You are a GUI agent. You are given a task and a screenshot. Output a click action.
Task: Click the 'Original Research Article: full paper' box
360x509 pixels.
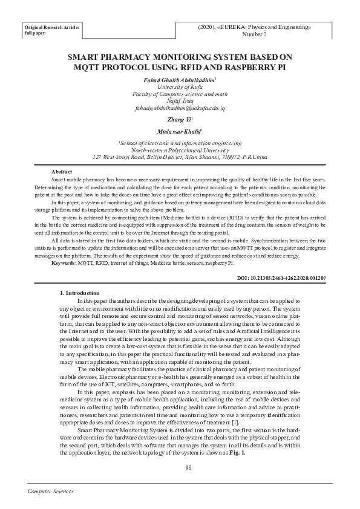[51, 31]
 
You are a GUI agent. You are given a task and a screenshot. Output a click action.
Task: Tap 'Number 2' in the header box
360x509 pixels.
[254, 35]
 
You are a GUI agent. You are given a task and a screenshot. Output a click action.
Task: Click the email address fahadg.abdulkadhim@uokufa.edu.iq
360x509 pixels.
[180, 108]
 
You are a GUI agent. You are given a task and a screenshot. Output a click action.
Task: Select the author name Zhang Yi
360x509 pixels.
[179, 120]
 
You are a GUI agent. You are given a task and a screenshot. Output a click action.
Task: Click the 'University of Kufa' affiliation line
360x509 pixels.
[180, 87]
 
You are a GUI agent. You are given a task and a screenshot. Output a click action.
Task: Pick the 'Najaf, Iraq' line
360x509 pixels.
[180, 101]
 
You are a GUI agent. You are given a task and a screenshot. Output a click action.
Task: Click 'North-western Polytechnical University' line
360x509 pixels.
[180, 149]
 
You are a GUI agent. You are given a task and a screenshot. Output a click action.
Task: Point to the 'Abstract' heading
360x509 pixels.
[62, 172]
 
